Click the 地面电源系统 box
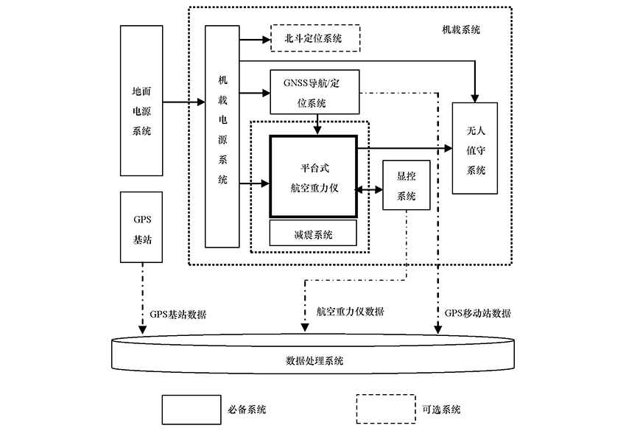pyautogui.click(x=141, y=100)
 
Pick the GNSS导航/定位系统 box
pyautogui.click(x=316, y=91)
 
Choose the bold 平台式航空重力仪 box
pyautogui.click(x=314, y=177)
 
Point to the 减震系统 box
pyautogui.click(x=313, y=234)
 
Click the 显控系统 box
pyautogui.click(x=406, y=186)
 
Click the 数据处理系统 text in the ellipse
pyautogui.click(x=313, y=362)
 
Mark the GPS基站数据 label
pyautogui.click(x=177, y=313)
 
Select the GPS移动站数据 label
pyautogui.click(x=477, y=312)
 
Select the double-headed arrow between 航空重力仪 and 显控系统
pyautogui.click(x=369, y=189)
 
